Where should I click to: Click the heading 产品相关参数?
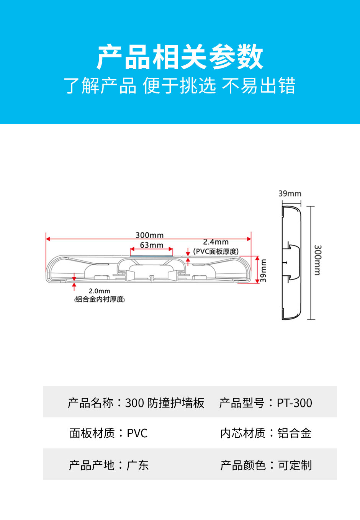[180, 57]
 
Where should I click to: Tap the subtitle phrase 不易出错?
[259, 86]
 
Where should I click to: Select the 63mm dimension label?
[152, 245]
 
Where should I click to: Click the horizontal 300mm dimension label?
[149, 235]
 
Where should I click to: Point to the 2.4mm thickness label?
[216, 242]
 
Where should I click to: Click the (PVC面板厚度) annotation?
[216, 252]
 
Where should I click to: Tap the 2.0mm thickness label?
[99, 291]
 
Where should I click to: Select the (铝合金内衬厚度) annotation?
[99, 299]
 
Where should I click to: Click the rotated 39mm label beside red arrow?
[263, 270]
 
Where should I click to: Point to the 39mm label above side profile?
[290, 193]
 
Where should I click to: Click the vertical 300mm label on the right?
[317, 260]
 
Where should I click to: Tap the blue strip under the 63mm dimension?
[151, 256]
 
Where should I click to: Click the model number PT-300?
[294, 403]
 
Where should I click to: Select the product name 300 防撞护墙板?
[165, 403]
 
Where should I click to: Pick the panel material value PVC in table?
[137, 433]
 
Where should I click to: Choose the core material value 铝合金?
[294, 433]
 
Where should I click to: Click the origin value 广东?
[137, 465]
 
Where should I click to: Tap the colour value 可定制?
[295, 465]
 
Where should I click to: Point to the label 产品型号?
[242, 403]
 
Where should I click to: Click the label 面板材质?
[92, 433]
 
